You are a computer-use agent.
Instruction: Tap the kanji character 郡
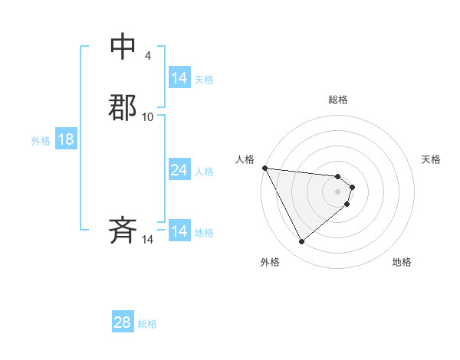pyautogui.click(x=123, y=107)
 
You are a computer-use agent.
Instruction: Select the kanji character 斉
pyautogui.click(x=123, y=231)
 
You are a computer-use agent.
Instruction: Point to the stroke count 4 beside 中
pyautogui.click(x=148, y=56)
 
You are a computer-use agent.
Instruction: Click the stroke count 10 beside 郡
pyautogui.click(x=148, y=116)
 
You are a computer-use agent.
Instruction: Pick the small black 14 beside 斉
pyautogui.click(x=148, y=240)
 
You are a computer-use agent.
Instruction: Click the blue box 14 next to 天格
pyautogui.click(x=179, y=78)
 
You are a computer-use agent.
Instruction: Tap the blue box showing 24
pyautogui.click(x=179, y=170)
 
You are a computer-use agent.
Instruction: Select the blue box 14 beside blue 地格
pyautogui.click(x=179, y=231)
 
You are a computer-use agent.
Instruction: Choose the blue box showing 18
pyautogui.click(x=66, y=139)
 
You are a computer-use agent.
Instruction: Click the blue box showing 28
pyautogui.click(x=123, y=322)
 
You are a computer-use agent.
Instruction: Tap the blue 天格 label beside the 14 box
pyautogui.click(x=204, y=79)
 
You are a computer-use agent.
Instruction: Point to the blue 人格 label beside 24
pyautogui.click(x=204, y=171)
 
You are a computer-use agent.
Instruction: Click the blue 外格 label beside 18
pyautogui.click(x=41, y=140)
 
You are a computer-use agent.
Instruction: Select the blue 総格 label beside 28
pyautogui.click(x=147, y=323)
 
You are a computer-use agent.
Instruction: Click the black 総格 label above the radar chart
pyautogui.click(x=338, y=100)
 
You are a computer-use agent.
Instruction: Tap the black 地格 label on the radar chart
pyautogui.click(x=402, y=262)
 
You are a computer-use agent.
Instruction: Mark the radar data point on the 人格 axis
pyautogui.click(x=264, y=168)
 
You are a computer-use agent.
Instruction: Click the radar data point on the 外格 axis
pyautogui.click(x=301, y=241)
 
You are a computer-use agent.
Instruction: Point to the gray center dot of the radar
pyautogui.click(x=338, y=191)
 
